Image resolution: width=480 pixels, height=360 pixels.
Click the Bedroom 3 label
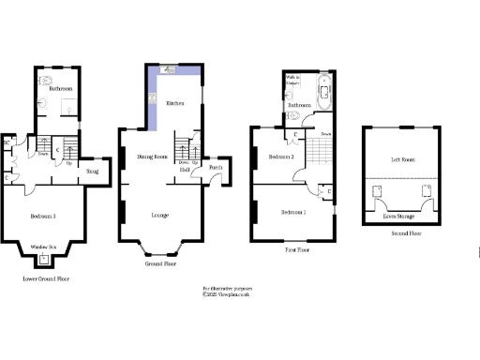click(x=43, y=217)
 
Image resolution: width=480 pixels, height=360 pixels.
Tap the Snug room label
click(x=93, y=172)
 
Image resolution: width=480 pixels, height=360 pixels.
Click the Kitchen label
click(x=174, y=102)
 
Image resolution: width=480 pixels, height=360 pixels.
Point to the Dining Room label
click(x=152, y=157)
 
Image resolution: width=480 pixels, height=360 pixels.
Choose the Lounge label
click(x=160, y=216)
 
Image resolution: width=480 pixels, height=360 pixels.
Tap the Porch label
click(x=216, y=169)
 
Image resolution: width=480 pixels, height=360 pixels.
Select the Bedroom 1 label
click(x=293, y=213)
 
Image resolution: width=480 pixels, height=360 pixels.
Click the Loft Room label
click(x=402, y=160)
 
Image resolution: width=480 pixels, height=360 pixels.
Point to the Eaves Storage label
click(x=402, y=217)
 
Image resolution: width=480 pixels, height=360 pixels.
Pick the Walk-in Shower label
click(x=292, y=83)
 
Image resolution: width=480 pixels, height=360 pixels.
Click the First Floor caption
click(x=297, y=251)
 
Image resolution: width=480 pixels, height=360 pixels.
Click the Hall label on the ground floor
click(x=186, y=169)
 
